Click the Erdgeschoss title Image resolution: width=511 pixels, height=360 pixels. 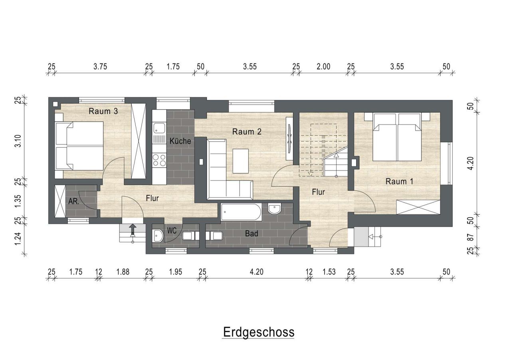click(x=258, y=332)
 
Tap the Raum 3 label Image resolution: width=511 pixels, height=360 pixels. click(x=103, y=111)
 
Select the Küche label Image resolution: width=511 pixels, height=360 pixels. click(x=180, y=141)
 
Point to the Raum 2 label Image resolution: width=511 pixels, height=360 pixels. click(x=247, y=132)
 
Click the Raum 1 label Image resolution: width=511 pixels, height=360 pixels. click(x=399, y=181)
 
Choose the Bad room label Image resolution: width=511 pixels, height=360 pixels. click(x=252, y=234)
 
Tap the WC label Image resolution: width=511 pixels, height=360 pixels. click(x=172, y=231)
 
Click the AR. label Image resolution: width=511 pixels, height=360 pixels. click(x=73, y=202)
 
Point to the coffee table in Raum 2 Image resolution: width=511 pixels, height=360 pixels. click(x=240, y=161)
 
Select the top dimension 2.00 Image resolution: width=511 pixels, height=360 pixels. click(x=323, y=67)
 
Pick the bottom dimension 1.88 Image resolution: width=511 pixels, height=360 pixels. click(x=123, y=272)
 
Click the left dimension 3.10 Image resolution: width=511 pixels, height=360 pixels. click(x=17, y=141)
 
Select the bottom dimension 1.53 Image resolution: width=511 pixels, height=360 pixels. click(x=329, y=272)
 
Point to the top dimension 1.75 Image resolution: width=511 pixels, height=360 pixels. click(x=173, y=67)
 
